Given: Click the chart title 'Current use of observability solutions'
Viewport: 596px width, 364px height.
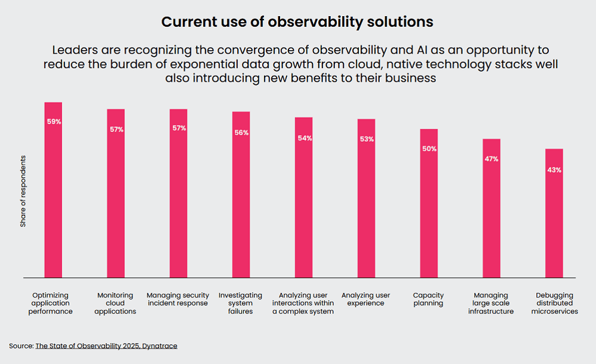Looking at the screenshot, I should tap(297, 22).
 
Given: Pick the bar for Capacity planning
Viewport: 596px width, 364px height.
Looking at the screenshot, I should tap(429, 203).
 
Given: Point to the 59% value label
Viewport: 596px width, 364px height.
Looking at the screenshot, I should tap(54, 121).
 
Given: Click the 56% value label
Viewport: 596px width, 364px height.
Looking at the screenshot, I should tap(241, 133).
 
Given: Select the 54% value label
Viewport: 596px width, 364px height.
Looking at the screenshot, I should tap(304, 138).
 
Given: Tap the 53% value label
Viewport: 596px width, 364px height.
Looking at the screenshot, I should tap(367, 139).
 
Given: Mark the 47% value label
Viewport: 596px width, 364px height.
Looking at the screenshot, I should tap(491, 159).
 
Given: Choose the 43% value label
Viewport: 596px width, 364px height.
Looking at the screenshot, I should tap(554, 170).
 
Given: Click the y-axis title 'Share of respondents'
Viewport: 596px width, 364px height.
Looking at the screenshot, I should tap(23, 191).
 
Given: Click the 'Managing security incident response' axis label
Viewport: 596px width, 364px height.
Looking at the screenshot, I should tap(177, 299).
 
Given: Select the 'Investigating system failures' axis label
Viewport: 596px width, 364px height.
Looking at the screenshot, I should tap(240, 303).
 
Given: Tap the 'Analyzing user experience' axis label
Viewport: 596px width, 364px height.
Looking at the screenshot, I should tap(365, 299).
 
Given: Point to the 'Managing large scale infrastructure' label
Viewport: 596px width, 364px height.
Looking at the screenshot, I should tap(491, 303).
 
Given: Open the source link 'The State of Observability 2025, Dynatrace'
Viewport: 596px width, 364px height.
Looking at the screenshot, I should tap(106, 345).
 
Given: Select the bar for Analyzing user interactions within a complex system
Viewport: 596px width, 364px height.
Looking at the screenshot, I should tap(304, 197).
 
